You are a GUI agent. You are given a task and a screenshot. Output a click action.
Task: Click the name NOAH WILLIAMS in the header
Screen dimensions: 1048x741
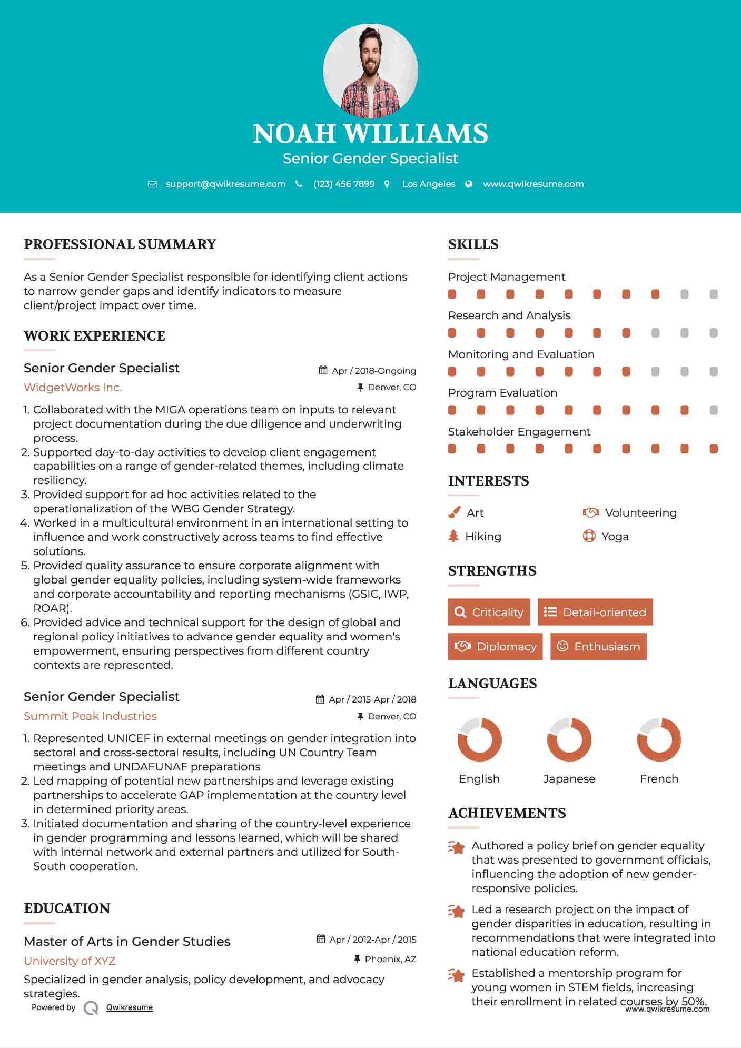[x=370, y=134]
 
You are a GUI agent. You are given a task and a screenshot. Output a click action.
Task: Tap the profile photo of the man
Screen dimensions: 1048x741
[x=370, y=70]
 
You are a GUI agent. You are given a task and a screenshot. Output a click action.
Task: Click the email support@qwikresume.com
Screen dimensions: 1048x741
[x=225, y=184]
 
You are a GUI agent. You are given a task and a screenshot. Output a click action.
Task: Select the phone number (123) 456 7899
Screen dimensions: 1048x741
[x=344, y=184]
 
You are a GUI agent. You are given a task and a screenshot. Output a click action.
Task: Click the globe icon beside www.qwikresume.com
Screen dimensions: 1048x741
[x=469, y=184]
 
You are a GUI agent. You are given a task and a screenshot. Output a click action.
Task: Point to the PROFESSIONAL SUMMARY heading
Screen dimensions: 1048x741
[x=120, y=244]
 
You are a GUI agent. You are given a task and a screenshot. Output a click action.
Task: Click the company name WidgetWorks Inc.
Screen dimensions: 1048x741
[x=73, y=388]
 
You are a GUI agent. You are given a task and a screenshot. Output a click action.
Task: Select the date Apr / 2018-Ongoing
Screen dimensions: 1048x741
[x=373, y=371]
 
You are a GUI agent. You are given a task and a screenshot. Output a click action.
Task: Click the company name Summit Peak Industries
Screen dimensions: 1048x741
[x=90, y=716]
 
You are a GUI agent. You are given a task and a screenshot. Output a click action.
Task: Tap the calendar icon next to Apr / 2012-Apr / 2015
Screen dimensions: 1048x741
[x=321, y=939]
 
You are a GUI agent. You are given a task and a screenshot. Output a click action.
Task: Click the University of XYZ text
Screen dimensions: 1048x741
[x=70, y=961]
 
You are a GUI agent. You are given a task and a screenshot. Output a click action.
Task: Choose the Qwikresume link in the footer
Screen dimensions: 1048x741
[x=130, y=1007]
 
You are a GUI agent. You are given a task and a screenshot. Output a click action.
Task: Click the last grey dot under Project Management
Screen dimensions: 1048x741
[x=714, y=294]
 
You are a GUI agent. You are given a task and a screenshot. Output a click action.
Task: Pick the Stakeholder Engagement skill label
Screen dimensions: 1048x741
[x=519, y=432]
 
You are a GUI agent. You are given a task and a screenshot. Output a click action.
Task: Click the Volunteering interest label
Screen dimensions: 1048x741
[x=640, y=513]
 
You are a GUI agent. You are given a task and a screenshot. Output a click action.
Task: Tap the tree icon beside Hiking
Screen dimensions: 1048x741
[x=453, y=536]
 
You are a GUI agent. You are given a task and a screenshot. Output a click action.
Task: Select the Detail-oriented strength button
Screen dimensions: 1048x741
[x=595, y=612]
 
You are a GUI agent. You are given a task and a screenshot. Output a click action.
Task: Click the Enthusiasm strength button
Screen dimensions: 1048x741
[x=598, y=646]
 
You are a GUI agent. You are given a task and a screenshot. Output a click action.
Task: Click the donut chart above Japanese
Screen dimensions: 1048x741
[x=569, y=739]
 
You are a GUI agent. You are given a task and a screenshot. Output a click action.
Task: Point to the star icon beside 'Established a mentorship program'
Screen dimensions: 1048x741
[x=457, y=975]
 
